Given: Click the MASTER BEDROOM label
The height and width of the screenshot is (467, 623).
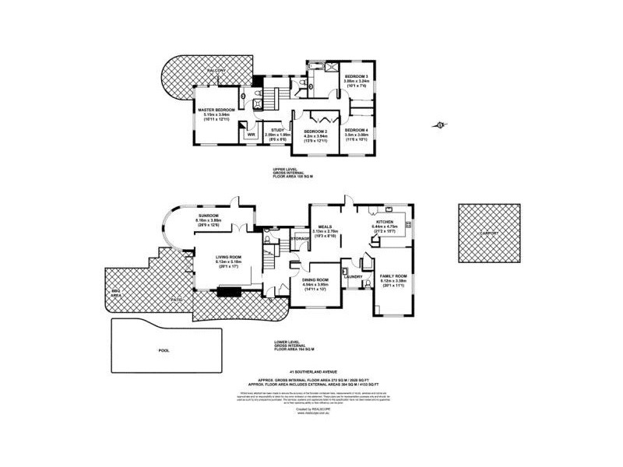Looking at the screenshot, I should [x=216, y=110].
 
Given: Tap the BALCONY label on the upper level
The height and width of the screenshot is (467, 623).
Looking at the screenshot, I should [x=216, y=71].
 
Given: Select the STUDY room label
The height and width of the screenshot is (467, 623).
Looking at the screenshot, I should [x=277, y=129].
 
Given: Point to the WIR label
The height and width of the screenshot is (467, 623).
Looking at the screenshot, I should [x=251, y=134].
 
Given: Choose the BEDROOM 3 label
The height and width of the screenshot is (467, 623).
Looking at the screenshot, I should [x=356, y=76].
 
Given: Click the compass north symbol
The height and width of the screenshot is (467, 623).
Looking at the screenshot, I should [x=441, y=124].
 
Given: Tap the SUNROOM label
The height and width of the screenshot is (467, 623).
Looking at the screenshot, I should [x=208, y=215].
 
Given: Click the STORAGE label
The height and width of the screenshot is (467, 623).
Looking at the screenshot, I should [x=298, y=238].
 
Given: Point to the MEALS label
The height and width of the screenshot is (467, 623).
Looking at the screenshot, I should [x=325, y=226].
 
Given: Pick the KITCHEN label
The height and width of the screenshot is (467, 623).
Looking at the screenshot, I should [x=388, y=221].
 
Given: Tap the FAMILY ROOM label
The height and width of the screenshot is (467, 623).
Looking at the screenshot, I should [x=393, y=276].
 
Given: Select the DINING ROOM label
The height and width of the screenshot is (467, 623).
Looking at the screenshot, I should [x=316, y=279].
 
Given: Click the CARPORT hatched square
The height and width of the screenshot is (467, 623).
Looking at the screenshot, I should [x=488, y=231].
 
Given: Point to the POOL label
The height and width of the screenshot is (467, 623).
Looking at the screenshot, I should [x=164, y=350].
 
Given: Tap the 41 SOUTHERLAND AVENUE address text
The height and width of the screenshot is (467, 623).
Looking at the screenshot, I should [x=309, y=372].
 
